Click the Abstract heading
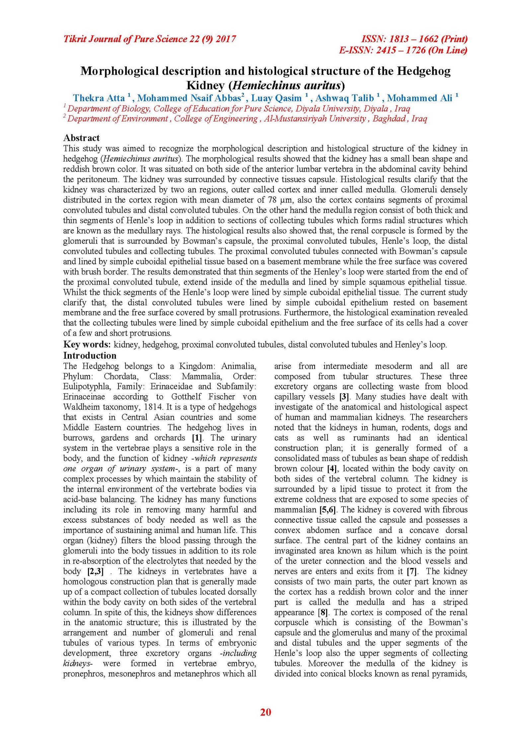[81, 138]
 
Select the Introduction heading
[90, 355]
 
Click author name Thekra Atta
[99, 98]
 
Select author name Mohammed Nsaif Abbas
[189, 98]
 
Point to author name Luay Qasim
[276, 98]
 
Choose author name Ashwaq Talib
[344, 98]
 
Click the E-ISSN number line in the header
[403, 50]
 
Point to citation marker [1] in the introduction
[197, 438]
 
